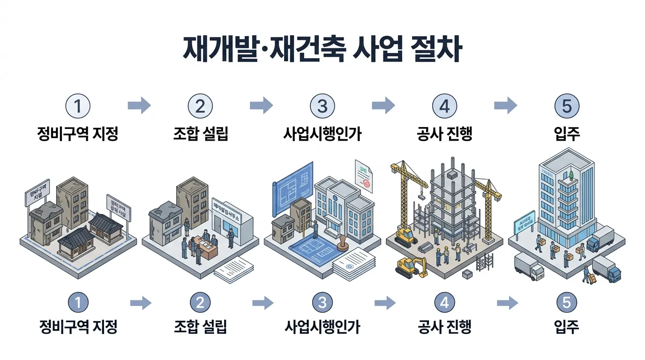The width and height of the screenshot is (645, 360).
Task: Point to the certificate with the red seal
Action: pyautogui.click(x=364, y=177)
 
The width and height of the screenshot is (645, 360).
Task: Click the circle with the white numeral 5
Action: pyautogui.click(x=566, y=303)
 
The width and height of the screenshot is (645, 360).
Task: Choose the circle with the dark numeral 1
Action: pyautogui.click(x=78, y=107)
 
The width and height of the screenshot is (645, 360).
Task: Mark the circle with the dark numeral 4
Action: pyautogui.click(x=444, y=107)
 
